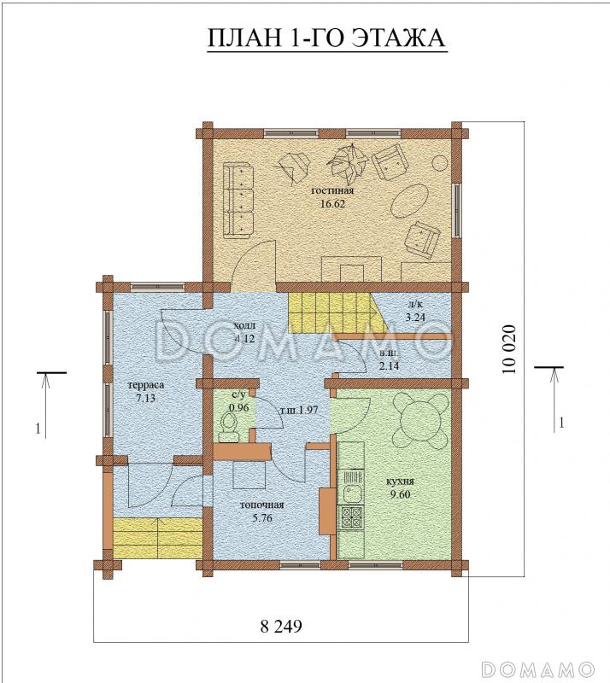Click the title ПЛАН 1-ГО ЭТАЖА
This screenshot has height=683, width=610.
tap(326, 38)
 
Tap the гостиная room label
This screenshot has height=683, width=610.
tap(332, 190)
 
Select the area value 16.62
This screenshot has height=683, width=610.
tap(332, 203)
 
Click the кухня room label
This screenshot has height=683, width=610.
tap(400, 482)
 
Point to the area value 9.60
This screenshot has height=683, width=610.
tap(400, 494)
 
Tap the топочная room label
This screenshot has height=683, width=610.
tap(262, 505)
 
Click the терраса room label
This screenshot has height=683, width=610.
tap(145, 385)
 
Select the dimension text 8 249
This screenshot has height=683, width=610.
tap(281, 627)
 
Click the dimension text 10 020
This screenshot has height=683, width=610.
tap(509, 349)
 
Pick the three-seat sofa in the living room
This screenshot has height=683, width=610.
tap(238, 201)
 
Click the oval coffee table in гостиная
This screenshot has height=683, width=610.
tap(409, 200)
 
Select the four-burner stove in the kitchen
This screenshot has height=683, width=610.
tap(352, 517)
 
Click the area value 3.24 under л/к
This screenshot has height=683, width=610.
tap(415, 317)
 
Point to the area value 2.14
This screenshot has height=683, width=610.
tap(389, 366)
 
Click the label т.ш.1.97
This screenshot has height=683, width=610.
tap(298, 410)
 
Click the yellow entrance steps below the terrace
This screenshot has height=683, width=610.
tap(158, 539)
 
